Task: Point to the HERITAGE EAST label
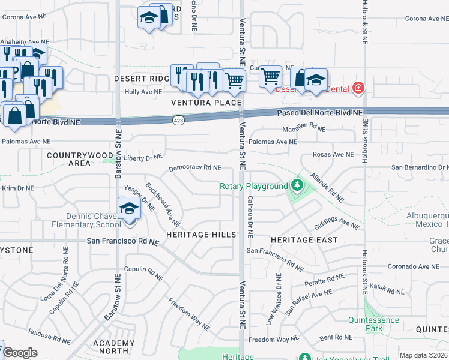click(x=304, y=239)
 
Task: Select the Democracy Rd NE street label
click(x=195, y=169)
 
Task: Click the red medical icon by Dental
click(x=358, y=88)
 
